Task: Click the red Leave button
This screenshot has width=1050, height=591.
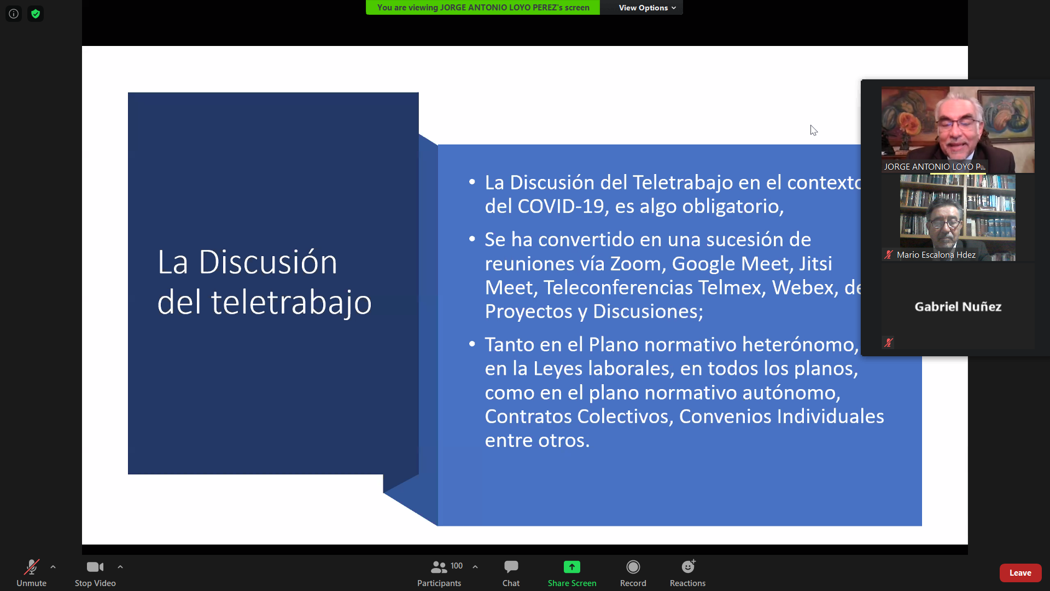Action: [1020, 573]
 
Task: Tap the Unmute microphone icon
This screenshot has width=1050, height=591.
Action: [31, 567]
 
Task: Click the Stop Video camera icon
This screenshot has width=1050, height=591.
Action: [95, 567]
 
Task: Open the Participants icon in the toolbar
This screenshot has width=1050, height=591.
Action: [439, 567]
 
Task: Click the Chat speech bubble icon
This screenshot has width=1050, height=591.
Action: [511, 566]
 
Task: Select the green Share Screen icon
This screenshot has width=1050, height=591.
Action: [572, 567]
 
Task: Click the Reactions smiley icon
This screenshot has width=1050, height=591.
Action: [688, 566]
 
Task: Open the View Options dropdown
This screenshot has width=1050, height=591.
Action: [647, 8]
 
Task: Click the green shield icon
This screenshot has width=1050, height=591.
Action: [36, 14]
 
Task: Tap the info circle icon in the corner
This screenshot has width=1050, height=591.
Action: [14, 14]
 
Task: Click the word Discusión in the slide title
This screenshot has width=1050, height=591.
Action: [268, 262]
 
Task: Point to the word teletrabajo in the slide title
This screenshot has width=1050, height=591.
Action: [291, 302]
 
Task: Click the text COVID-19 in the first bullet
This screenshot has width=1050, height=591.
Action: [561, 206]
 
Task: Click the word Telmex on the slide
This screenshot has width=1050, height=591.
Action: [730, 288]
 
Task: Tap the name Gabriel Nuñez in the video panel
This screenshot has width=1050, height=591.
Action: [958, 307]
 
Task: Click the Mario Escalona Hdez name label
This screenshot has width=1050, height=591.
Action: [936, 255]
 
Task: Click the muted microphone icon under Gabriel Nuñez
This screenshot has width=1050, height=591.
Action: [889, 343]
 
